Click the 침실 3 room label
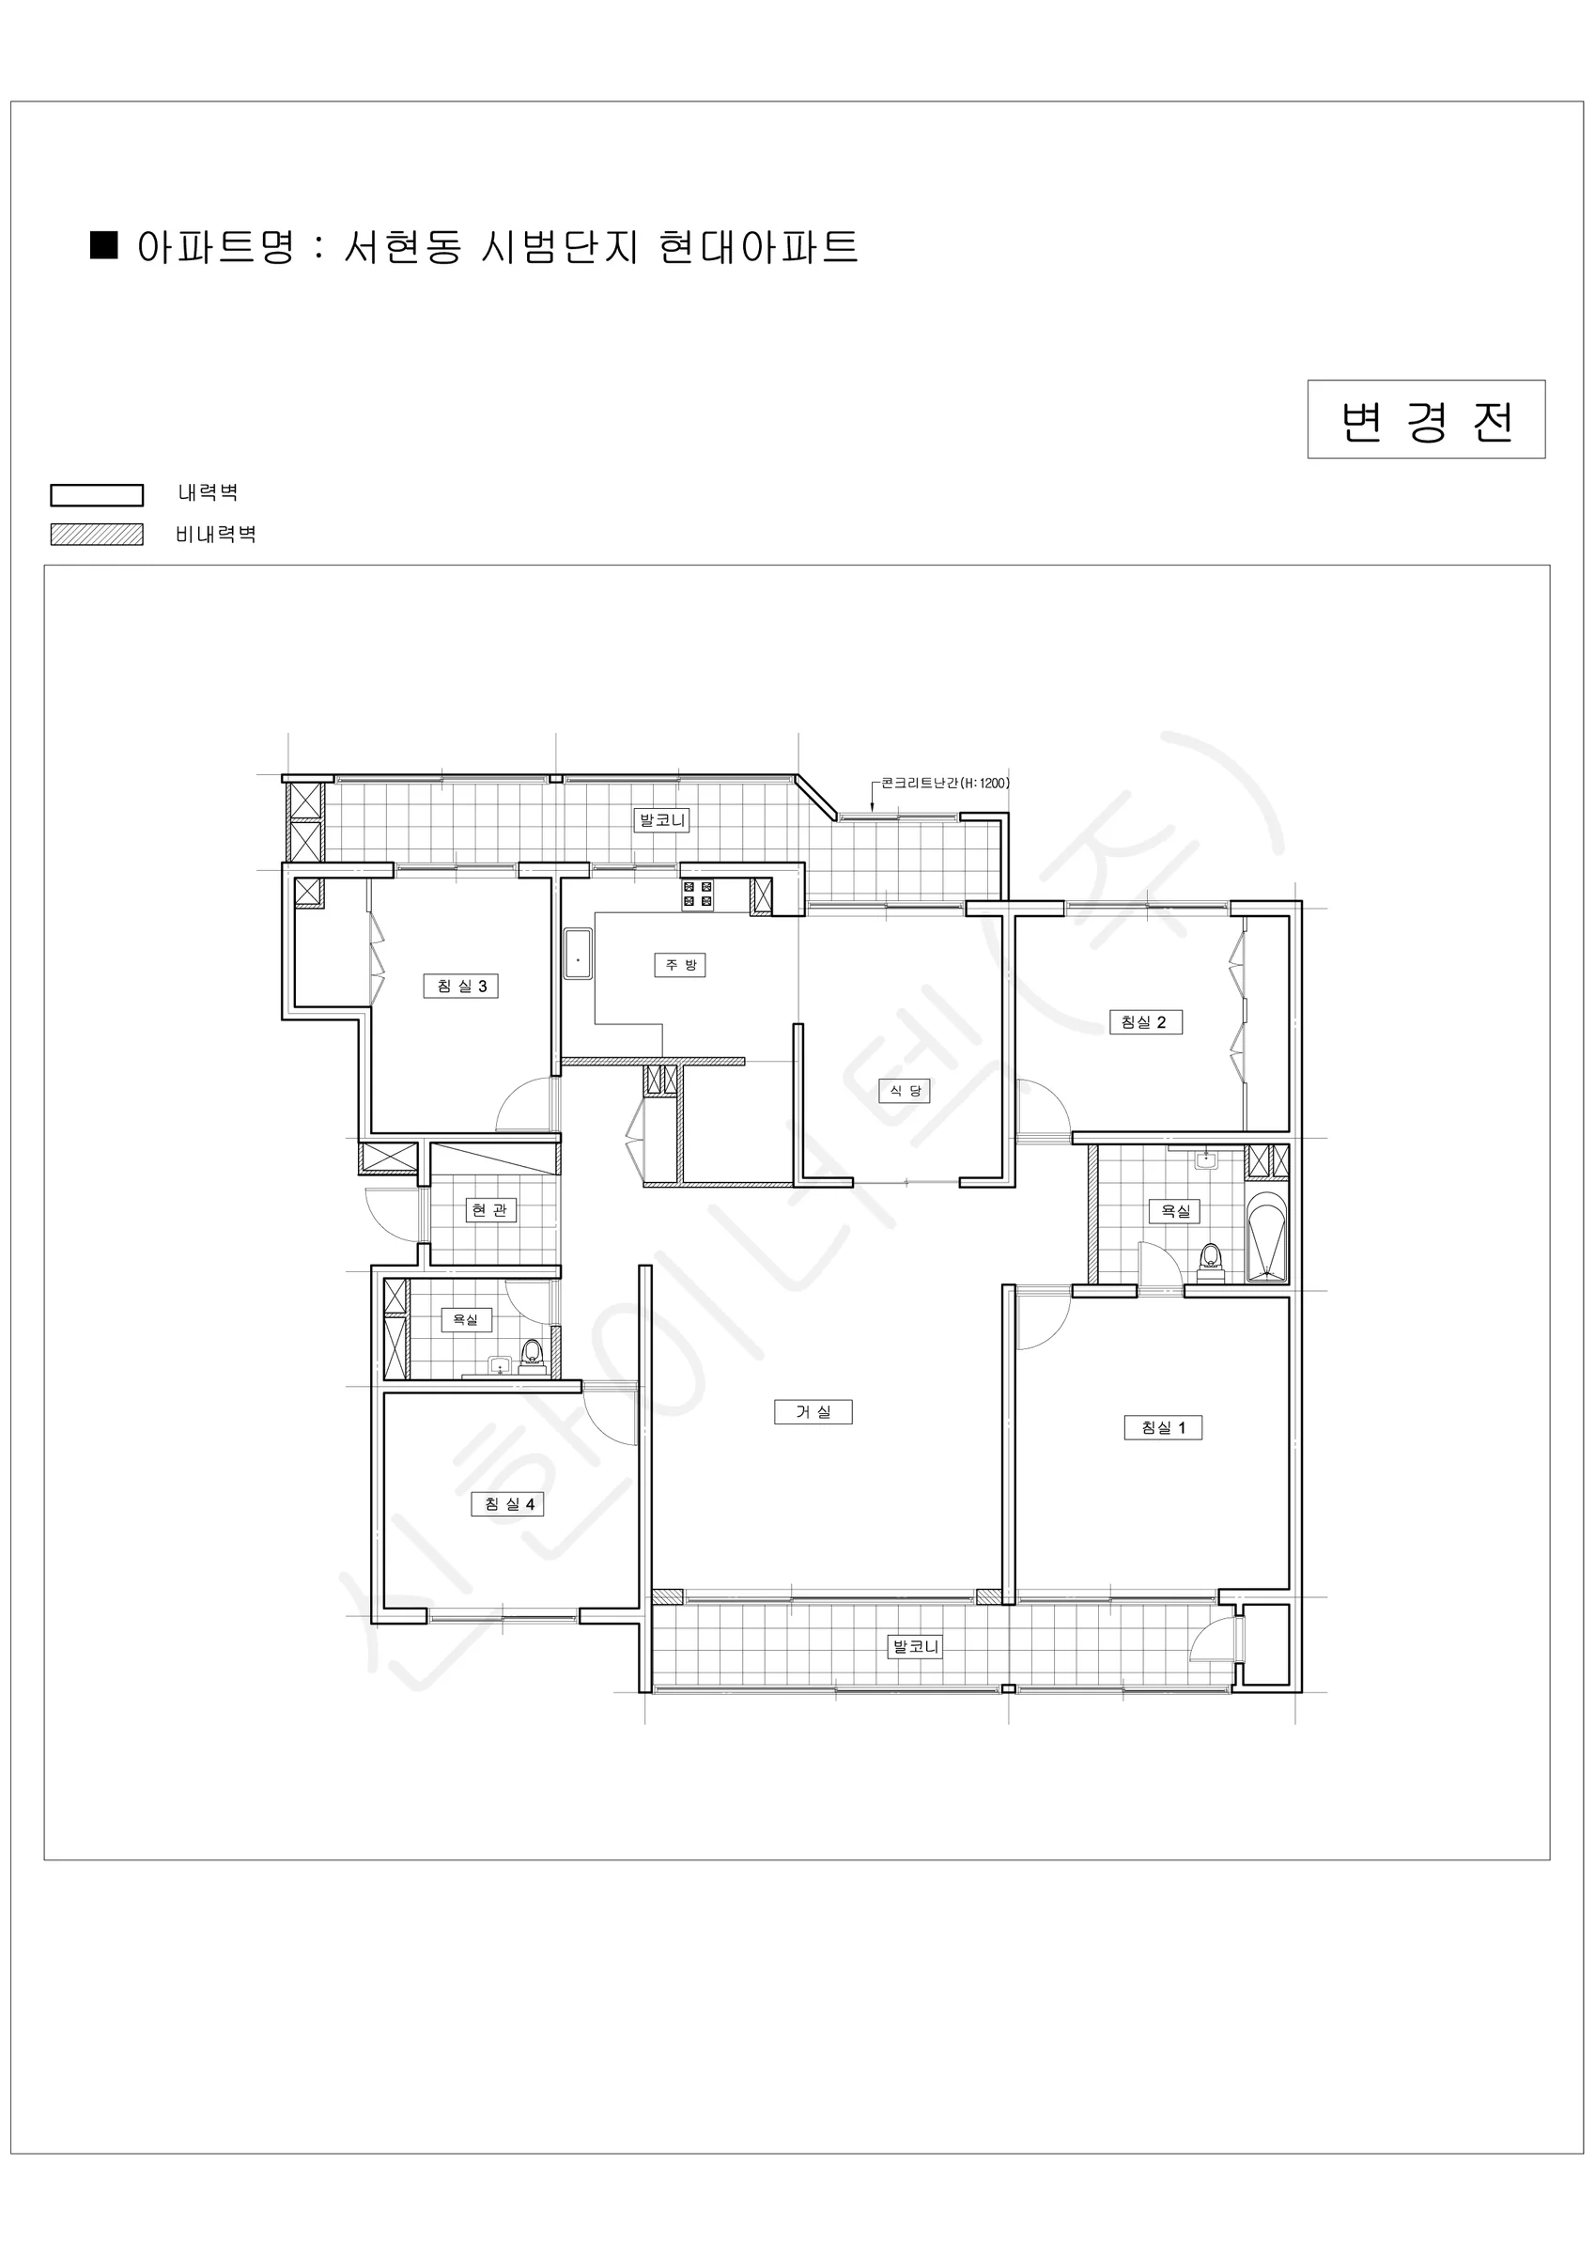tap(461, 986)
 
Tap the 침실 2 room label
tap(1144, 1021)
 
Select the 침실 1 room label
tap(1163, 1427)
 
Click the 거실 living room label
tap(813, 1411)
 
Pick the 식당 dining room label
tap(905, 1090)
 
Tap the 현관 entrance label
tap(489, 1210)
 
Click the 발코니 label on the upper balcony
tap(663, 820)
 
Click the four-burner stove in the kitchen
tap(698, 894)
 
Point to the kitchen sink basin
tap(578, 954)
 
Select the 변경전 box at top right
tap(1426, 419)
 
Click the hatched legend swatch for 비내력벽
tap(98, 535)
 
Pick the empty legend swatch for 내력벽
tap(98, 495)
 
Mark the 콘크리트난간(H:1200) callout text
tap(945, 783)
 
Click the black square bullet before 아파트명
tap(104, 244)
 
